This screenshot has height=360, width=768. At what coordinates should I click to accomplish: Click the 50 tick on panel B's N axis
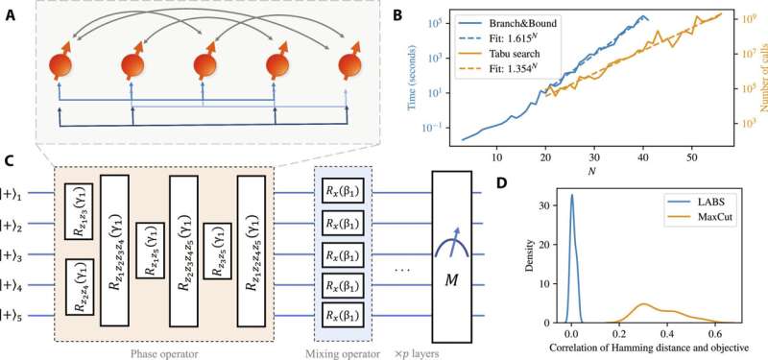point(692,155)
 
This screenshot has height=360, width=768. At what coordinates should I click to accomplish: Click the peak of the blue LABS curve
point(572,196)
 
